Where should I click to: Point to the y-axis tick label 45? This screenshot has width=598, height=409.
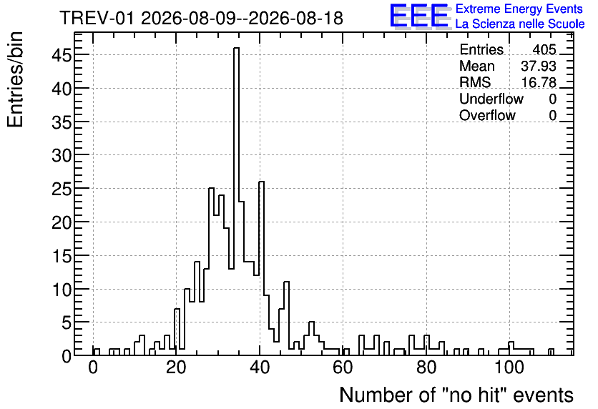pyautogui.click(x=62, y=56)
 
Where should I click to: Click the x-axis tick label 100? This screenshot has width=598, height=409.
pyautogui.click(x=509, y=368)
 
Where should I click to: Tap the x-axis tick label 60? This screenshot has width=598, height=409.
pyautogui.click(x=343, y=368)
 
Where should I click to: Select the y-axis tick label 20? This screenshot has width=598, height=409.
pyautogui.click(x=62, y=222)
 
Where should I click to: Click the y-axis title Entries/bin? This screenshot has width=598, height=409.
pyautogui.click(x=15, y=80)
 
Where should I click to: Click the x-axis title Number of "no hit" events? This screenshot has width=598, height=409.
pyautogui.click(x=456, y=395)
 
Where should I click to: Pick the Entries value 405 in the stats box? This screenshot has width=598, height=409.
pyautogui.click(x=544, y=49)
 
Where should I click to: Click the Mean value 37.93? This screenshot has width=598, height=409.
pyautogui.click(x=539, y=66)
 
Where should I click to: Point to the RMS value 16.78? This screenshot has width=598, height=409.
pyautogui.click(x=539, y=82)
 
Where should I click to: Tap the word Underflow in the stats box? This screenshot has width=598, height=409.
pyautogui.click(x=491, y=99)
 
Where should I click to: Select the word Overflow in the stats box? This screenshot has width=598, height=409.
pyautogui.click(x=487, y=115)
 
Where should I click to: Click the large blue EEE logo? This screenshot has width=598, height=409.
pyautogui.click(x=420, y=16)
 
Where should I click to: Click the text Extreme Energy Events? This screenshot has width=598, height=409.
pyautogui.click(x=519, y=9)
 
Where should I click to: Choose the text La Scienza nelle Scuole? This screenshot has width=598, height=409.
pyautogui.click(x=520, y=24)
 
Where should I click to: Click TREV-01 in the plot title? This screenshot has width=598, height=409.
pyautogui.click(x=97, y=19)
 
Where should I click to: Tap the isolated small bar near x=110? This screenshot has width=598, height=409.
pyautogui.click(x=551, y=352)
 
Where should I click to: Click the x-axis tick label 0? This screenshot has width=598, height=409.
pyautogui.click(x=93, y=368)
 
